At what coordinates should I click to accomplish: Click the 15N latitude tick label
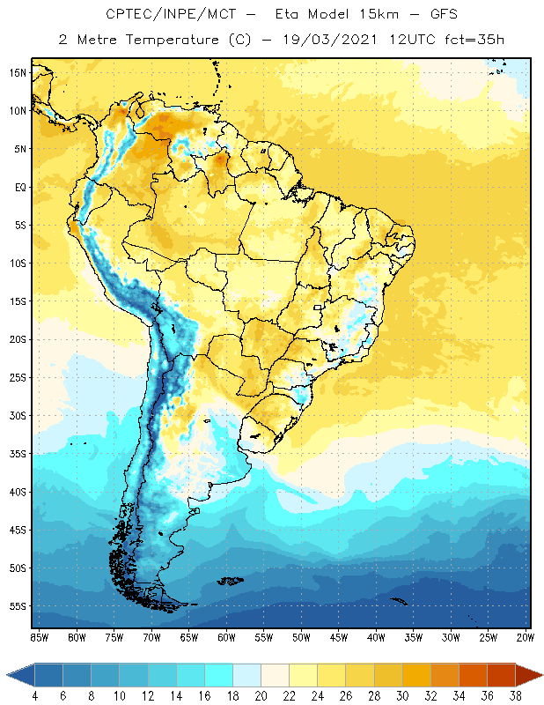pos(18,73)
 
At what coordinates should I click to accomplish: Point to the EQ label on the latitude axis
pos(18,187)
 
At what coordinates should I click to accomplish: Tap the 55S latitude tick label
pos(18,606)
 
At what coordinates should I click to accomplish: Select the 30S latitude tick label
pos(18,415)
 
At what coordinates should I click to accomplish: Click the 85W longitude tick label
pos(39,636)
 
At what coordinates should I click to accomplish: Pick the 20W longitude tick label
pos(526,636)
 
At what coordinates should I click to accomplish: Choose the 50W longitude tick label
pos(301,636)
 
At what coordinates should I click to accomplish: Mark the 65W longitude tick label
pos(188,636)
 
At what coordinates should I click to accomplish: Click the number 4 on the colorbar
pos(35,696)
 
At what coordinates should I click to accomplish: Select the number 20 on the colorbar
pos(261,696)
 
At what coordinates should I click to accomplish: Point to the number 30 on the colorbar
pos(401,696)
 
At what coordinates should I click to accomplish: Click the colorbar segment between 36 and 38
pos(500,675)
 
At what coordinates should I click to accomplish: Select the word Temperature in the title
pos(176,39)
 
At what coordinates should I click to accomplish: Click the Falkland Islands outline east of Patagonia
pos(232,580)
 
